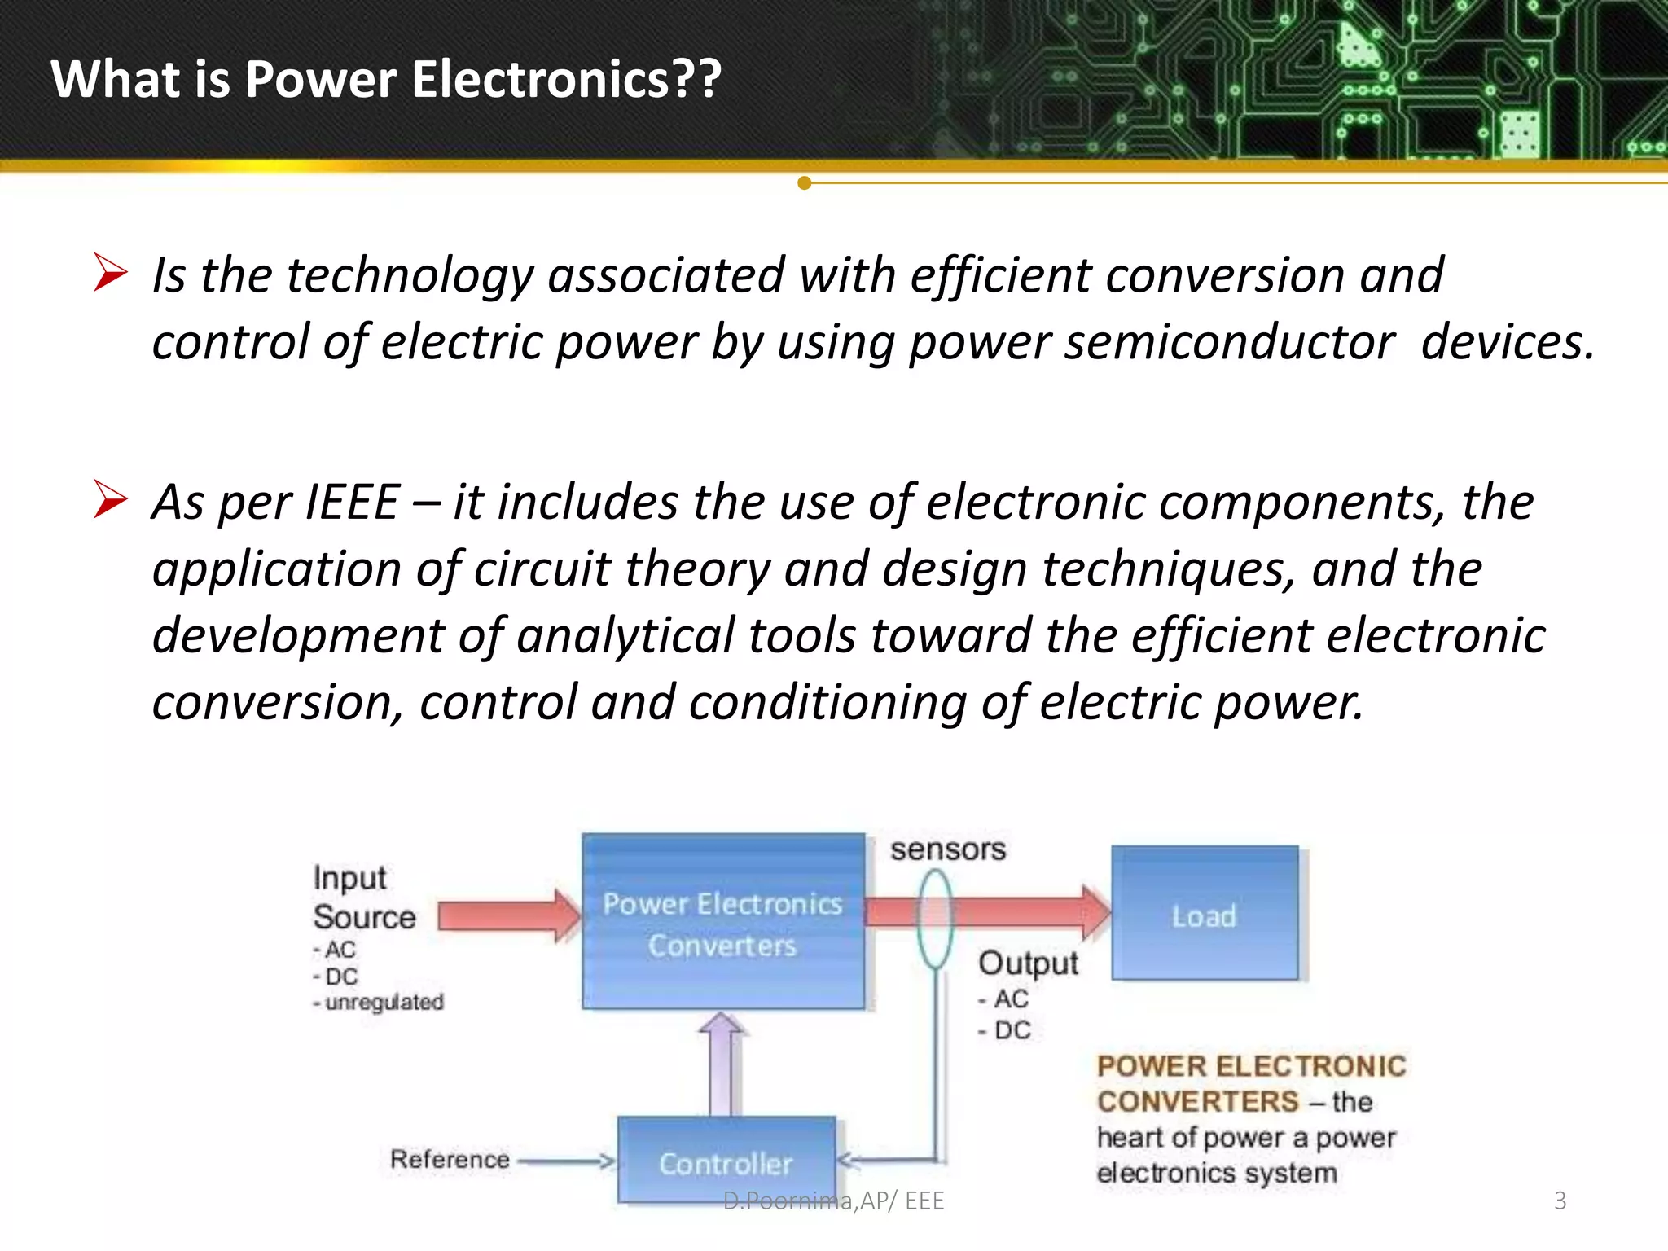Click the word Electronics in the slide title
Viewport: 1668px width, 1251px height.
point(541,80)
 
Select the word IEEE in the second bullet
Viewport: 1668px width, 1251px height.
point(351,502)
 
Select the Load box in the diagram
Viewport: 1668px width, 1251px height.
point(1205,914)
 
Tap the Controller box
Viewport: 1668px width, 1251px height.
point(726,1160)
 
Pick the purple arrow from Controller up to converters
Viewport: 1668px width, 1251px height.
point(722,1064)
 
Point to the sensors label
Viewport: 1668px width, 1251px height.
point(948,849)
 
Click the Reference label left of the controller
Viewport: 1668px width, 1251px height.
point(450,1159)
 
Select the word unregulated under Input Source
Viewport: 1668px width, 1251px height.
point(384,1003)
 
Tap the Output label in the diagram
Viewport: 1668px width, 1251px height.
point(1028,963)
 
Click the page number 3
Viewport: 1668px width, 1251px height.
point(1560,1201)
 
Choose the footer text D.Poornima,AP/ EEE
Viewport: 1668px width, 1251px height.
point(834,1201)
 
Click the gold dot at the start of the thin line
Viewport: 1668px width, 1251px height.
point(805,183)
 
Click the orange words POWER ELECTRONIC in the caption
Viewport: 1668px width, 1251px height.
point(1251,1066)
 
